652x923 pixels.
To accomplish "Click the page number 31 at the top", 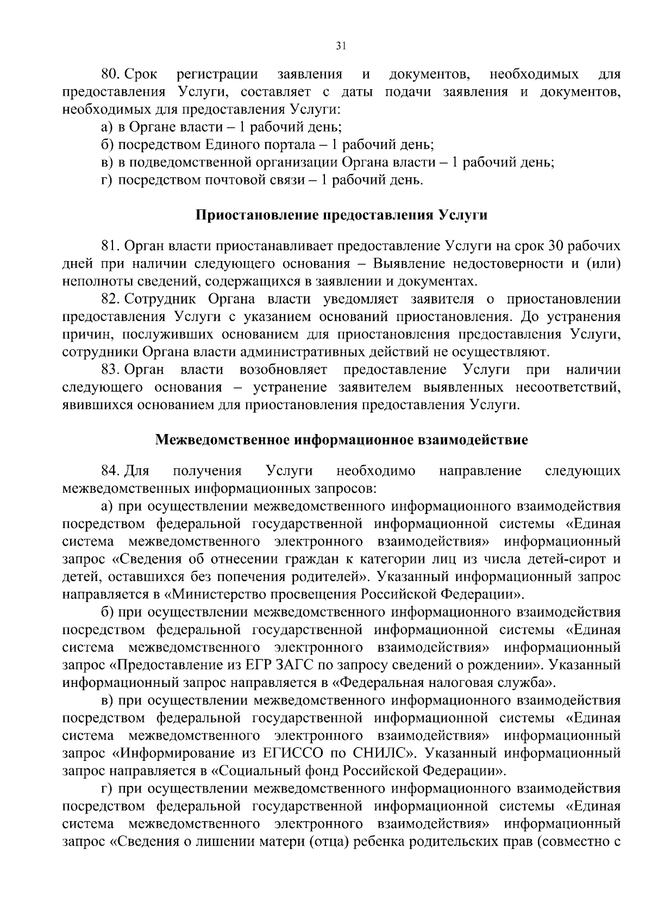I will pos(341,46).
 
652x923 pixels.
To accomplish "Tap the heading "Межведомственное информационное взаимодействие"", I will pos(341,439).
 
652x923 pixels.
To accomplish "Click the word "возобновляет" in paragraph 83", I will pos(283,370).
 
